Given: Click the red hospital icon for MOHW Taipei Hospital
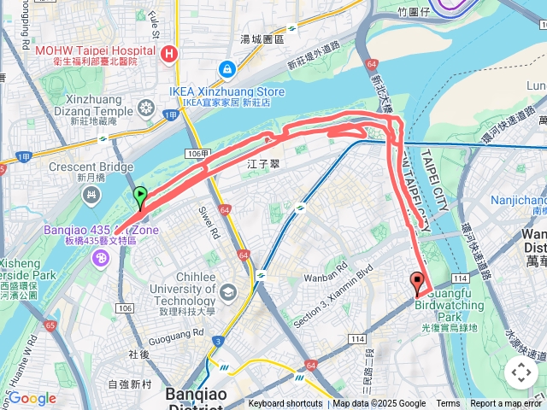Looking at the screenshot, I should [x=169, y=54].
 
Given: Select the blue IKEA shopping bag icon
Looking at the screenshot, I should [x=226, y=69].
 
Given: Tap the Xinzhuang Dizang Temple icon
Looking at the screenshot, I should [x=146, y=108].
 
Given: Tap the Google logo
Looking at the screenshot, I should [x=32, y=398].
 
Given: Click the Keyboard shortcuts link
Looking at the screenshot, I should [x=285, y=404].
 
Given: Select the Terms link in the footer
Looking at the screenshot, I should [x=448, y=404].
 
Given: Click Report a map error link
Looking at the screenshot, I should [x=506, y=404].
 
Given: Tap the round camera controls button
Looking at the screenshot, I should [x=521, y=372].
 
